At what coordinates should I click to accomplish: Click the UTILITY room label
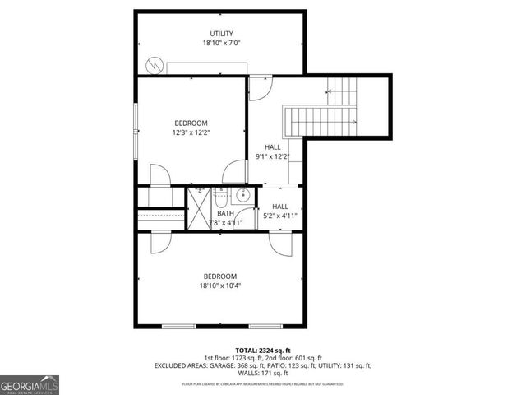tap(221, 34)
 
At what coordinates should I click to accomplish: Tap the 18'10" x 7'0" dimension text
tap(221, 43)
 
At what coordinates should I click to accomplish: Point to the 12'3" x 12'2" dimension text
tap(191, 132)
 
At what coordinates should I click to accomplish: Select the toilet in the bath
tap(222, 201)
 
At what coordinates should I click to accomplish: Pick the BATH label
tap(225, 213)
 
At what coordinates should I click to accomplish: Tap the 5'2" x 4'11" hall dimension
tap(280, 216)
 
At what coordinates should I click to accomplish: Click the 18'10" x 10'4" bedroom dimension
tap(220, 286)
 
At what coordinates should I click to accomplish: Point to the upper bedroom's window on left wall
tap(136, 118)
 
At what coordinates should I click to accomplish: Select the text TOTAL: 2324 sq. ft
tap(263, 350)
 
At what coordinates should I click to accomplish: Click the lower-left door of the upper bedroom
tap(159, 176)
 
